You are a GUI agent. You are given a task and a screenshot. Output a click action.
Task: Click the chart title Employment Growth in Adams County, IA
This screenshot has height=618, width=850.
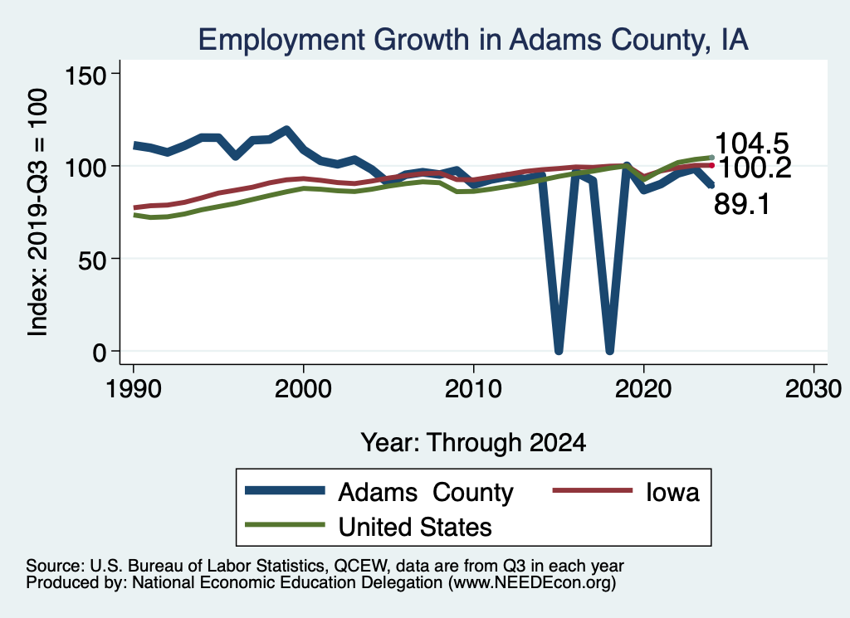472,40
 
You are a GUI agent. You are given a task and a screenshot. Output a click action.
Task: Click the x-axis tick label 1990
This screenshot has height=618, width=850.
133,390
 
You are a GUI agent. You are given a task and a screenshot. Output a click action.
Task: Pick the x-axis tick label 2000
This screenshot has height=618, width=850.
303,390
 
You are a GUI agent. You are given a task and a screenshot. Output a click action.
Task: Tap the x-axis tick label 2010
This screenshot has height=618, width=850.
473,390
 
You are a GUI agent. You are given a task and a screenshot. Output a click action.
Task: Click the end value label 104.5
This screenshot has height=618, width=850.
751,143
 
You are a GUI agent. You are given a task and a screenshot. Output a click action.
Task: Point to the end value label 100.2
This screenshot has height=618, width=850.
754,168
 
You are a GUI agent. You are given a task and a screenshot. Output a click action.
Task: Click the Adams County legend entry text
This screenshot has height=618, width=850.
426,493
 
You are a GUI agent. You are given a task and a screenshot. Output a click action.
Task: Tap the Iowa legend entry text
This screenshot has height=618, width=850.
672,493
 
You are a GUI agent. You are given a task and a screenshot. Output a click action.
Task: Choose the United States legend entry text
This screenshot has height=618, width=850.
415,527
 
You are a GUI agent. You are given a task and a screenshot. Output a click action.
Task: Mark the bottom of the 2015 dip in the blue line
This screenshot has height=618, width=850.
559,350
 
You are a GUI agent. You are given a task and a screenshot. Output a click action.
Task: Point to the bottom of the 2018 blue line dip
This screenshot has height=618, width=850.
610,350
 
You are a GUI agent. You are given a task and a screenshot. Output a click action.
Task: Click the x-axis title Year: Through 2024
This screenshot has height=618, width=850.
473,442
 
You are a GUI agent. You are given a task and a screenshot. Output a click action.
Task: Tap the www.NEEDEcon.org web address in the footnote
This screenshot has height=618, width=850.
531,583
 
